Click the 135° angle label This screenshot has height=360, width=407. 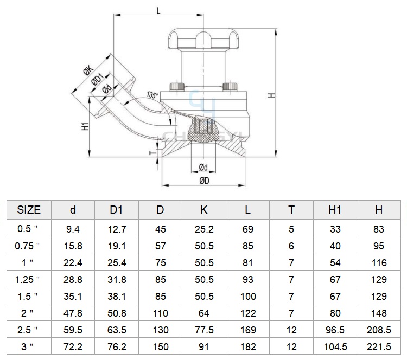click(152, 95)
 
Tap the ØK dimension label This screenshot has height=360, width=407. click(88, 70)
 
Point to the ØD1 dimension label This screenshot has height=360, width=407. click(98, 79)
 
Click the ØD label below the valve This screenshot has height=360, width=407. click(204, 181)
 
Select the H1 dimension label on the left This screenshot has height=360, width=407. click(85, 126)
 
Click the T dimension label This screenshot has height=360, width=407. click(154, 153)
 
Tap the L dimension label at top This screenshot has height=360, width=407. click(158, 11)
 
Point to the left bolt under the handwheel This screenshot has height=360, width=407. click(177, 86)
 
